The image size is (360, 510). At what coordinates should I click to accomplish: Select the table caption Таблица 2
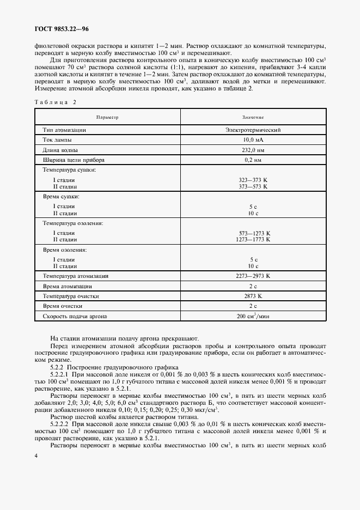56,102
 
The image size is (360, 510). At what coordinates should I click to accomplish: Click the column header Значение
253,117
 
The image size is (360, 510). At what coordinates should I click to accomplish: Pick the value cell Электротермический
253,130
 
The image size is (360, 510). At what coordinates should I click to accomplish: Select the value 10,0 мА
253,140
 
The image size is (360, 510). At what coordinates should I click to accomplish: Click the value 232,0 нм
253,150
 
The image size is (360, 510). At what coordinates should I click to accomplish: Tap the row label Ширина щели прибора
74,160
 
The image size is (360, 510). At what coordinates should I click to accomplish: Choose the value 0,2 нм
253,160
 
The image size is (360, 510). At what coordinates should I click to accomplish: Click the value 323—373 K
253,179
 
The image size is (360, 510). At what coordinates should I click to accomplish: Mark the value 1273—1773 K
253,239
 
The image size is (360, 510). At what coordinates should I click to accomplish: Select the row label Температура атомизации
76,276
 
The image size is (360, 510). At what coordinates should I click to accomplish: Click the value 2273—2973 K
253,276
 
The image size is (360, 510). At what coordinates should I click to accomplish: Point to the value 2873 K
253,296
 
